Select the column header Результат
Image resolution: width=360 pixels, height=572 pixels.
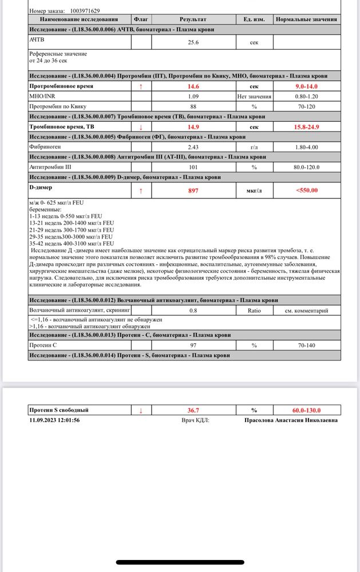point(193,19)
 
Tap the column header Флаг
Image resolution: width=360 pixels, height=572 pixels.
point(141,19)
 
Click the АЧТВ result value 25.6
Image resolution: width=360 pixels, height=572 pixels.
point(193,42)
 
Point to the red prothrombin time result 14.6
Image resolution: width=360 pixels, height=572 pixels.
point(193,86)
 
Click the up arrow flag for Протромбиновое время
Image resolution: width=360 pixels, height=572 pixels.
point(141,86)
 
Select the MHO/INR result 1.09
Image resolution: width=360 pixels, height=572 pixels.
point(193,96)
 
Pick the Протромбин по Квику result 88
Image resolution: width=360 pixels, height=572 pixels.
point(193,106)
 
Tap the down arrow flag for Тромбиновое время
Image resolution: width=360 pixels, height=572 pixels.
point(141,126)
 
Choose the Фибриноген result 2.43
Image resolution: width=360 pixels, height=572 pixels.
point(193,147)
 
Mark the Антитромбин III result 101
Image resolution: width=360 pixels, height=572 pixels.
point(193,167)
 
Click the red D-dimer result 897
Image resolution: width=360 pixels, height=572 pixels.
point(193,190)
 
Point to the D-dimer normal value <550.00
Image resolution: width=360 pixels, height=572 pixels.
point(306,190)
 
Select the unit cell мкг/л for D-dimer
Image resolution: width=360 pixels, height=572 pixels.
point(254,190)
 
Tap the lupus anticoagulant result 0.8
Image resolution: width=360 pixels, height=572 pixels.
point(193,311)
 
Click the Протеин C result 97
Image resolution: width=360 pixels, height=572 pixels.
point(193,345)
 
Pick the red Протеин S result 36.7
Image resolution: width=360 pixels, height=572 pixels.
point(193,410)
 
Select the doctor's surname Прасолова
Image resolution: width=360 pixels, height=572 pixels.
point(261,420)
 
